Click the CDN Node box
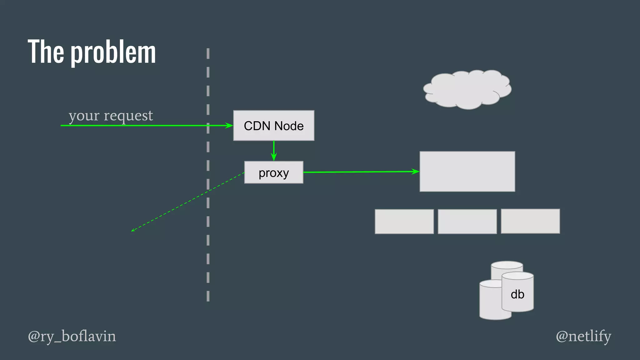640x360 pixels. pyautogui.click(x=273, y=126)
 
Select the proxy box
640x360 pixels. pyautogui.click(x=273, y=172)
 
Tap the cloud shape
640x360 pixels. pyautogui.click(x=467, y=90)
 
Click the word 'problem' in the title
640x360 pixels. pyautogui.click(x=113, y=52)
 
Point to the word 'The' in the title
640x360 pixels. pyautogui.click(x=46, y=52)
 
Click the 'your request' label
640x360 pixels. pyautogui.click(x=111, y=116)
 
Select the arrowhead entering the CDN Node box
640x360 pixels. pyautogui.click(x=230, y=126)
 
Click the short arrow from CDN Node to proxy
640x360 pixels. pyautogui.click(x=274, y=151)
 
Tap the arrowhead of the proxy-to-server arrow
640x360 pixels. pyautogui.click(x=416, y=171)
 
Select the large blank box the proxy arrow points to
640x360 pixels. pyautogui.click(x=467, y=172)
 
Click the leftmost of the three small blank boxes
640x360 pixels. pyautogui.click(x=404, y=222)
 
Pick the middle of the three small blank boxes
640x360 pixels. pyautogui.click(x=467, y=222)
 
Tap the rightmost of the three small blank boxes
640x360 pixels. pyautogui.click(x=530, y=221)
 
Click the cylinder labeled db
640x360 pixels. pyautogui.click(x=517, y=294)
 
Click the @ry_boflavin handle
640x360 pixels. pyautogui.click(x=72, y=337)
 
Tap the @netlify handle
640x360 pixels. pyautogui.click(x=583, y=337)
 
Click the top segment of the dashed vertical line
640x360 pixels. pyautogui.click(x=208, y=53)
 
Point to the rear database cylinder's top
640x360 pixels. pyautogui.click(x=507, y=265)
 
